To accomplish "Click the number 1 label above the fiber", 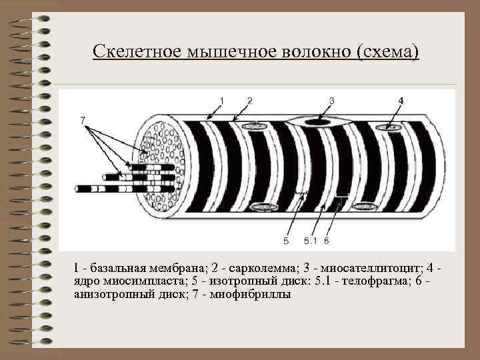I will point(222,100).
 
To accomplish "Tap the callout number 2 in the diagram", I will point(249,100).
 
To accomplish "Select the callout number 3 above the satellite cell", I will point(331,100).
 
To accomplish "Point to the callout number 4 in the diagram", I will point(401,100).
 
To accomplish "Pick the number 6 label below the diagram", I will point(327,240).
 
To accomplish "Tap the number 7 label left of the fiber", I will point(83,121).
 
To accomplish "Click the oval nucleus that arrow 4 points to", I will point(393,127).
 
